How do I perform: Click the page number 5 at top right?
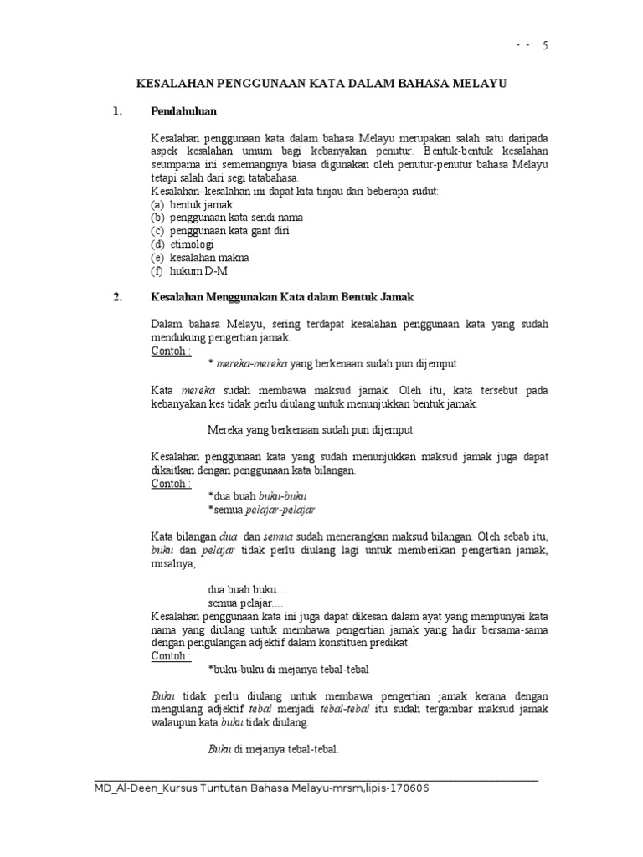click(x=545, y=46)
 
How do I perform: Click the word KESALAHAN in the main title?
click(x=175, y=84)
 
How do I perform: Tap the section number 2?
click(x=117, y=297)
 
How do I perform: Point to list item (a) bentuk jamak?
click(x=192, y=204)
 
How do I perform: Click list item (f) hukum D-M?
click(x=189, y=271)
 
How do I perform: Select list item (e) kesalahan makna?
click(x=200, y=258)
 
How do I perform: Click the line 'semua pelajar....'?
click(x=245, y=603)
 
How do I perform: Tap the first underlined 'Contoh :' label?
click(x=171, y=352)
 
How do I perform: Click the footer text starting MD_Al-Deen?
click(x=264, y=788)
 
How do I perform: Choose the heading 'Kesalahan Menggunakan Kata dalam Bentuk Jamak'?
click(x=282, y=297)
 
